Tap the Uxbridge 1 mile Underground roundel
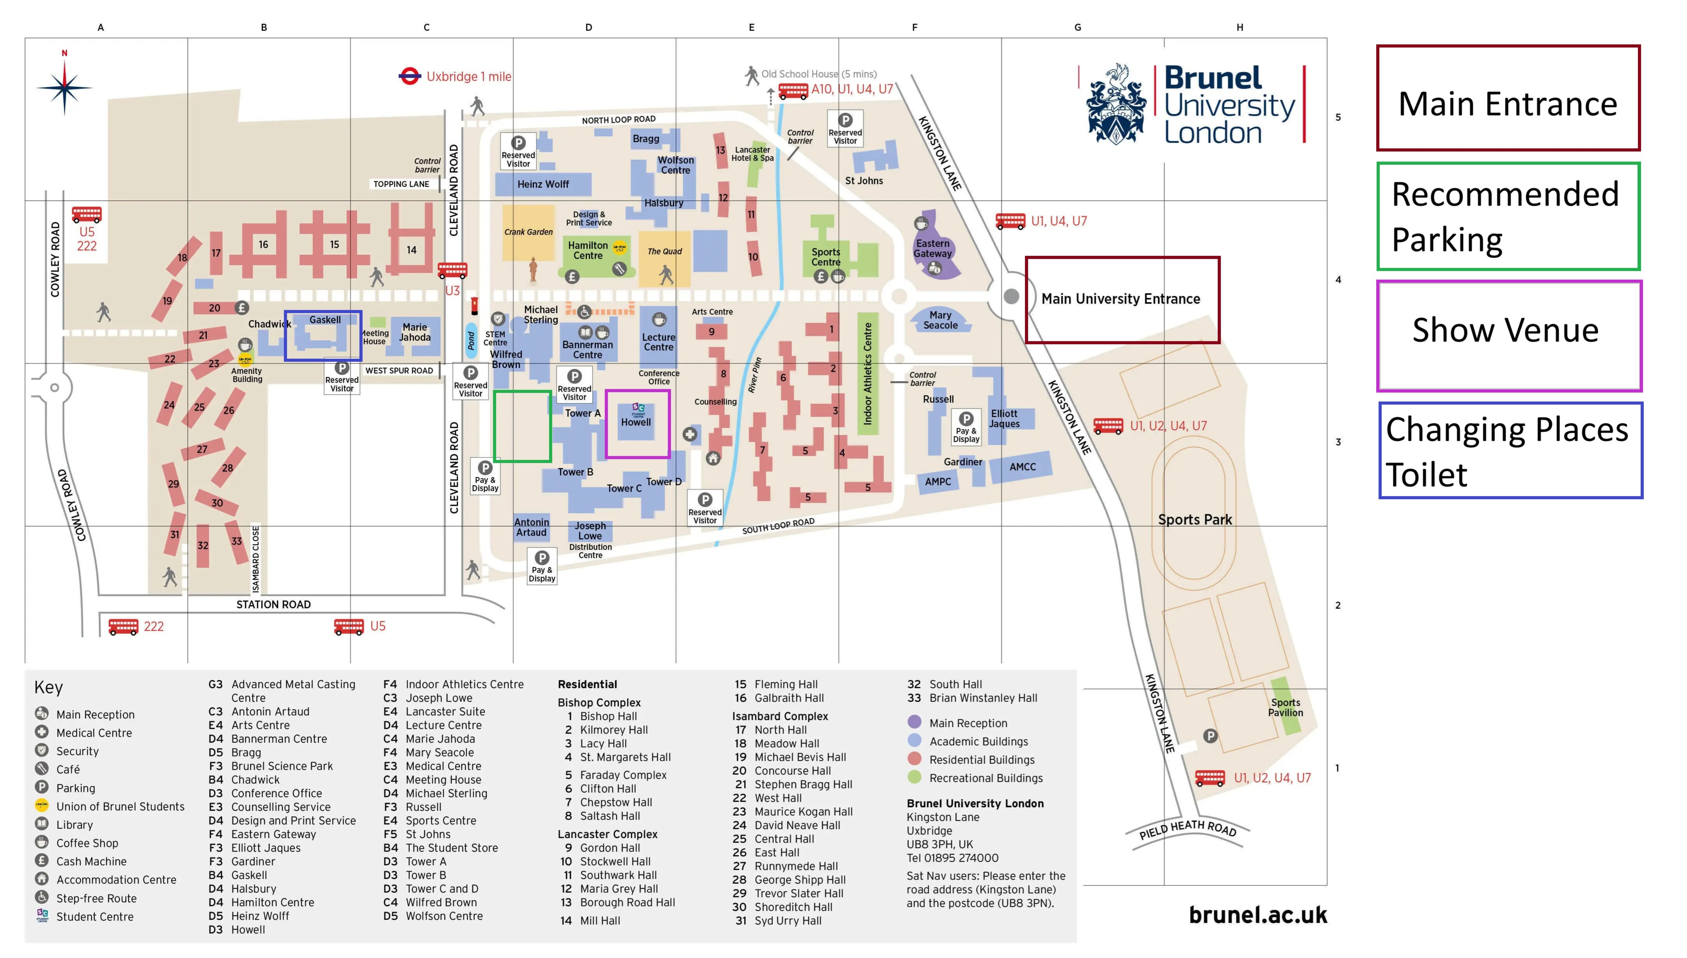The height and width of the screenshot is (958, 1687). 409,76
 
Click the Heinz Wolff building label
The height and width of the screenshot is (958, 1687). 543,184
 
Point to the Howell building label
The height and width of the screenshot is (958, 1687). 636,422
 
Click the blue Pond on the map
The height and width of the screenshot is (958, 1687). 471,340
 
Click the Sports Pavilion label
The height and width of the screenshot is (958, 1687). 1285,707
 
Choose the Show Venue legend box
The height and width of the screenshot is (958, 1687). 1509,335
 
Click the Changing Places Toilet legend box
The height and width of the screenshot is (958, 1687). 1510,451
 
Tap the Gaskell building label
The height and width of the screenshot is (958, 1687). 325,320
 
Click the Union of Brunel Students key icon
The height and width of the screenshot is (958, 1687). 41,805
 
